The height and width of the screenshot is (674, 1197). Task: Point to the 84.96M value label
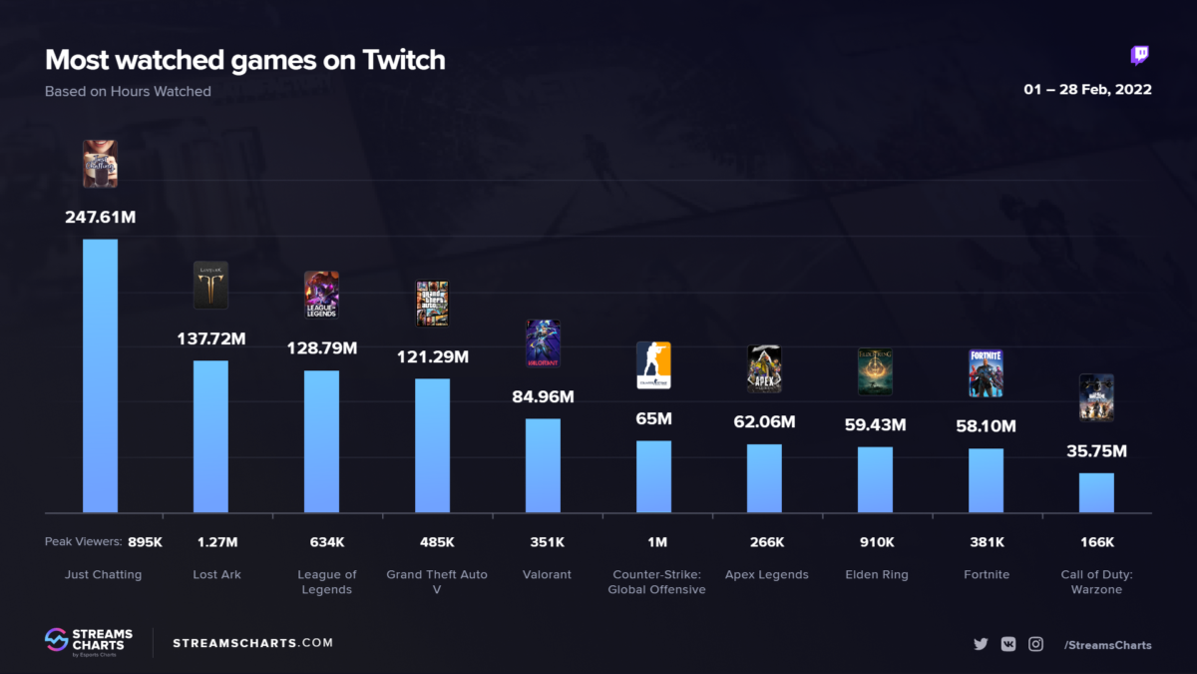click(543, 396)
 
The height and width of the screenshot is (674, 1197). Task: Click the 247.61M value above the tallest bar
click(100, 216)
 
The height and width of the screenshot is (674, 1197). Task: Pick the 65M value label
click(653, 418)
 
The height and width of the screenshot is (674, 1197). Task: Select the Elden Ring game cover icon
click(875, 371)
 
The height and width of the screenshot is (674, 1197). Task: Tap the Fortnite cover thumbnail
click(986, 373)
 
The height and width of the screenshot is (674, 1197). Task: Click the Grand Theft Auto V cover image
click(432, 303)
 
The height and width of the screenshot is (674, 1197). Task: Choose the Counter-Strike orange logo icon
click(653, 365)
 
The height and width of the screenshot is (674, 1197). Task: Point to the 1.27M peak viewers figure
click(217, 542)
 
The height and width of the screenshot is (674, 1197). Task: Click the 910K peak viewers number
click(875, 542)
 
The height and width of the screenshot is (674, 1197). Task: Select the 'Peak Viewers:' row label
click(83, 542)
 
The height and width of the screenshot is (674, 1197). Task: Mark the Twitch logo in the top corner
click(1139, 56)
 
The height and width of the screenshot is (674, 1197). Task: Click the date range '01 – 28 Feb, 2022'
click(1087, 90)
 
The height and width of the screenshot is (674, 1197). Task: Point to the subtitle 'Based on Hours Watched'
click(128, 91)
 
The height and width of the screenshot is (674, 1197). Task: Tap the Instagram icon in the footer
click(1035, 644)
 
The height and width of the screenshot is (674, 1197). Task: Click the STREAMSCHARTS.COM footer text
click(253, 643)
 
